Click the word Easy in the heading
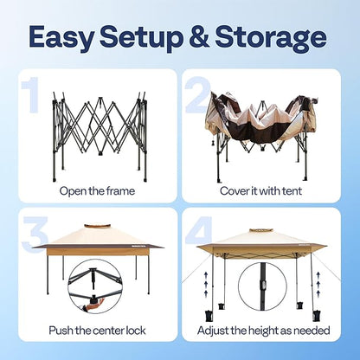[61, 37]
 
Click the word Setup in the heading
[141, 37]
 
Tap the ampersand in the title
[199, 36]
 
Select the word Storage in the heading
[271, 37]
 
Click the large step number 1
[32, 95]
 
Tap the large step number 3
[35, 235]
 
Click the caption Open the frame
[97, 191]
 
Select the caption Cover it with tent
[260, 191]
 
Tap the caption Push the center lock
[97, 331]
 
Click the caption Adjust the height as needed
[264, 331]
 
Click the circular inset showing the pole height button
[262, 286]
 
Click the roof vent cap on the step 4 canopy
[260, 231]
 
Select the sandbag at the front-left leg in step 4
[209, 315]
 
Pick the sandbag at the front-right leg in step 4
[317, 315]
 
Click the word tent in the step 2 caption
[292, 191]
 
